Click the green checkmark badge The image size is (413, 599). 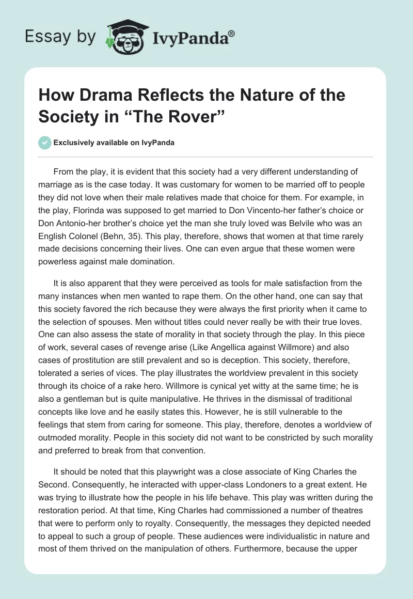[44, 143]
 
